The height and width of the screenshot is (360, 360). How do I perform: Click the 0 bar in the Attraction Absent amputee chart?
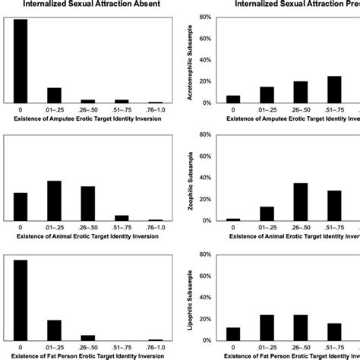click(x=21, y=61)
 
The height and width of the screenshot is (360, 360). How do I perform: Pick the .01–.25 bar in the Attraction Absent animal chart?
click(x=54, y=201)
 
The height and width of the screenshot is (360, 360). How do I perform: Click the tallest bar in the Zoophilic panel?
click(x=301, y=202)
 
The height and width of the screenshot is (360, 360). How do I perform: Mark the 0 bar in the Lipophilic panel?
click(x=233, y=334)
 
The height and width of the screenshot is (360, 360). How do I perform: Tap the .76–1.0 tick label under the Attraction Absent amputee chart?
click(x=155, y=109)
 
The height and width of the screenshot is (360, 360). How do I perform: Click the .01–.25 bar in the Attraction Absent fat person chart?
click(x=54, y=330)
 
